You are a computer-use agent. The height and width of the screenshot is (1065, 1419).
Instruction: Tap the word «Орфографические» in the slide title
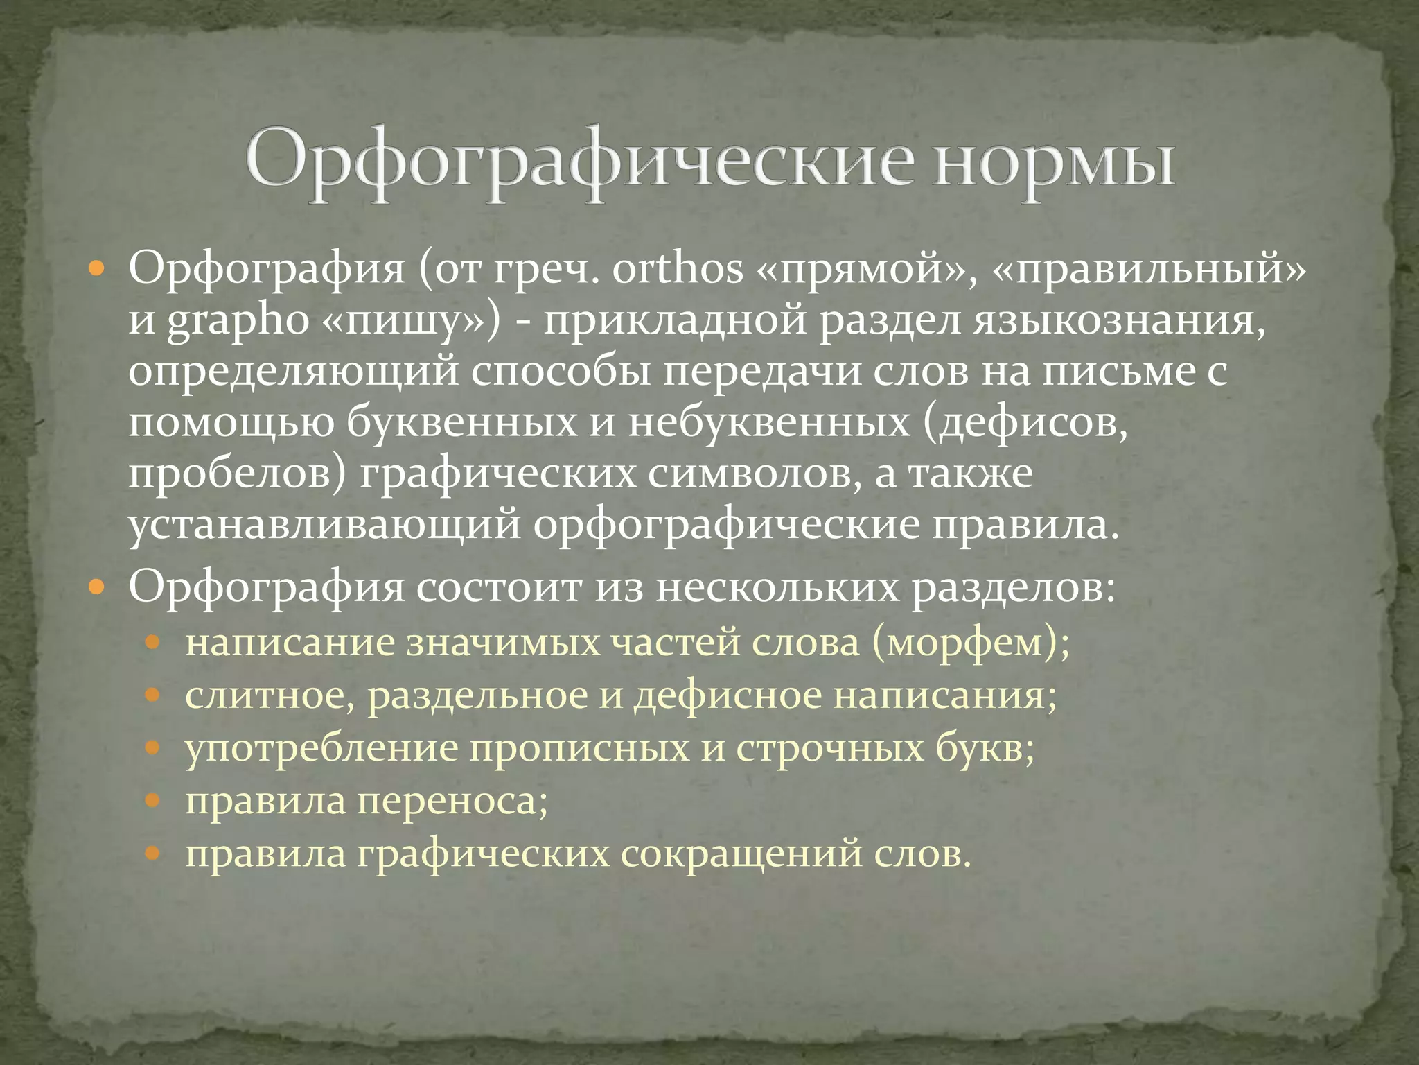[578, 164]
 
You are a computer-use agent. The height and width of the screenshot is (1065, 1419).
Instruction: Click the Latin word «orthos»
[677, 268]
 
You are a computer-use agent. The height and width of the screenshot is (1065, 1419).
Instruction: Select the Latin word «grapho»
[238, 321]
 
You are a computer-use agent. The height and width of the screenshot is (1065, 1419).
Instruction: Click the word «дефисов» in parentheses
[1025, 422]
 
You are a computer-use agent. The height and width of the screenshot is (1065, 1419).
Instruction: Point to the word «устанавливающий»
[324, 525]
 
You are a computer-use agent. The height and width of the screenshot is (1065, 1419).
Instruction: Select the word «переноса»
[452, 802]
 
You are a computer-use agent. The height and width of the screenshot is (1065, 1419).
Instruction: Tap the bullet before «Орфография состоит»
[97, 589]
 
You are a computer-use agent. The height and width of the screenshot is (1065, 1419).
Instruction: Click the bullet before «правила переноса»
[153, 802]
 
